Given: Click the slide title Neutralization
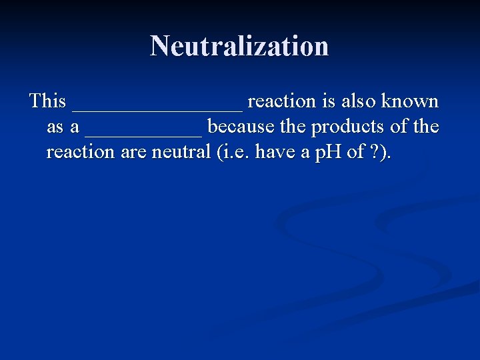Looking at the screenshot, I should click(x=239, y=46).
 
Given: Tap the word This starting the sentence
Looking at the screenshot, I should click(x=48, y=101).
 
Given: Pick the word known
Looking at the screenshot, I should click(x=411, y=101).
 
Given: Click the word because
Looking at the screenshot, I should click(x=240, y=127).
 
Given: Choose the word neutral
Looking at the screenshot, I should click(x=182, y=152).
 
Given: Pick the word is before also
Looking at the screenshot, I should click(x=328, y=101).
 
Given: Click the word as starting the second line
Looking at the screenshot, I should click(x=55, y=127).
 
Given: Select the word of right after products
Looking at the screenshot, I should click(x=402, y=127).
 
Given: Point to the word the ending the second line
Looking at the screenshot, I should click(x=427, y=127).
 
